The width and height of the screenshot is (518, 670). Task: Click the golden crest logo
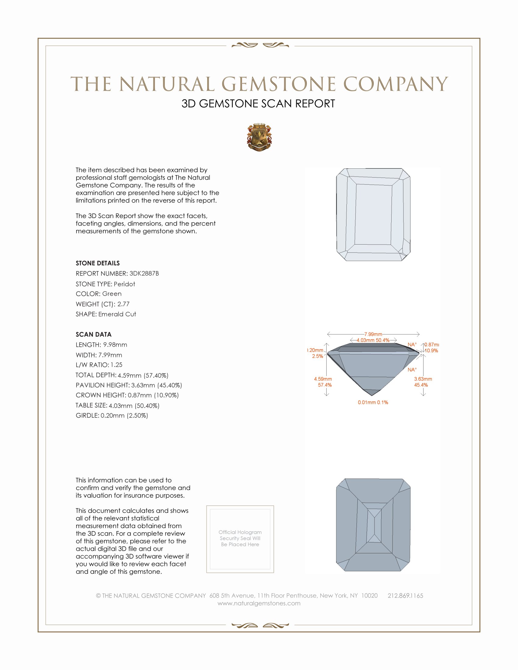(259, 137)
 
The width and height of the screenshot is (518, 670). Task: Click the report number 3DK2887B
(144, 273)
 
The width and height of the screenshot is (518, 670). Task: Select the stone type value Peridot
(124, 284)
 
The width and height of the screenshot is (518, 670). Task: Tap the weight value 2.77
(123, 304)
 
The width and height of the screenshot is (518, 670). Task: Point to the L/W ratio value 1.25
(116, 365)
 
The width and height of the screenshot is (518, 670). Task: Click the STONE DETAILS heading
(98, 263)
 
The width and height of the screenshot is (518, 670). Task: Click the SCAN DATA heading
(94, 334)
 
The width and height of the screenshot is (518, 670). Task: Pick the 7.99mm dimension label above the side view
(373, 334)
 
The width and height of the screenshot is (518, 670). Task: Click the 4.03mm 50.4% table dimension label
(373, 340)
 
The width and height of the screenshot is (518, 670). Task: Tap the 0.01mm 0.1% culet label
(373, 403)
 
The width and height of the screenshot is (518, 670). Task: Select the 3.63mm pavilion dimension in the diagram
(423, 379)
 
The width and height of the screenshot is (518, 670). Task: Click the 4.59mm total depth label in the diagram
(323, 379)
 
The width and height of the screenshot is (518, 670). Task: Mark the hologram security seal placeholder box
(240, 539)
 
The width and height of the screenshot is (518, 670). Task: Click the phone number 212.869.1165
(405, 596)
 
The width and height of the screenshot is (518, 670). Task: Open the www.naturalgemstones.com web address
(259, 603)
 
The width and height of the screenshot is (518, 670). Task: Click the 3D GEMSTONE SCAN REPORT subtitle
(258, 104)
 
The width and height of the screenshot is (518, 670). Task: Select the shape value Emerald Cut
(117, 314)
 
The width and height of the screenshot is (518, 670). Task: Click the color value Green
(112, 294)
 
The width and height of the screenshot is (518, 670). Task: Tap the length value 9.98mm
(115, 345)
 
